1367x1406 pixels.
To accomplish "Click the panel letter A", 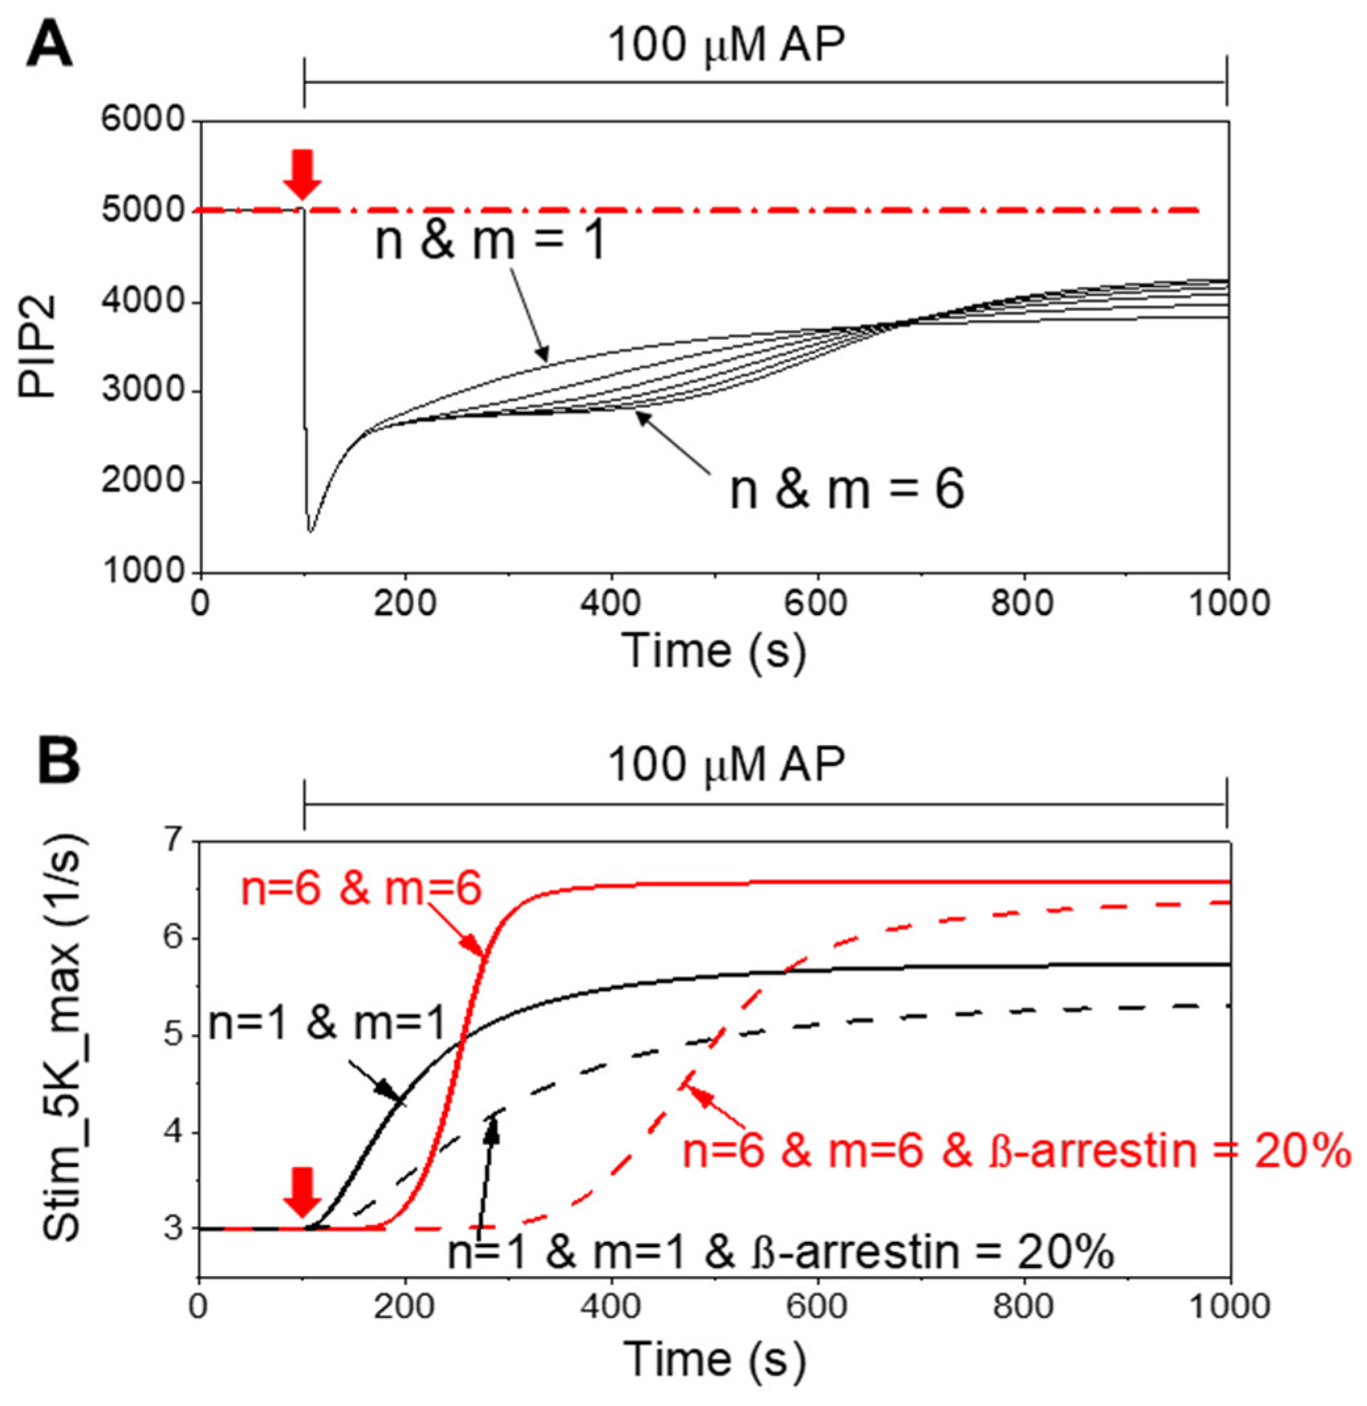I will click(49, 45).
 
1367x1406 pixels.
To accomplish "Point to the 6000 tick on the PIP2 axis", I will click(144, 120).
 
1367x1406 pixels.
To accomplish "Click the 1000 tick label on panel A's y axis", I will click(144, 572).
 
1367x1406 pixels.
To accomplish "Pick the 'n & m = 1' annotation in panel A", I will click(491, 242).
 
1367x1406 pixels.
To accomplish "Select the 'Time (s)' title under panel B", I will click(715, 1359).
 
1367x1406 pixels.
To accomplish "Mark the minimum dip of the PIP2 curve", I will click(310, 532).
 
